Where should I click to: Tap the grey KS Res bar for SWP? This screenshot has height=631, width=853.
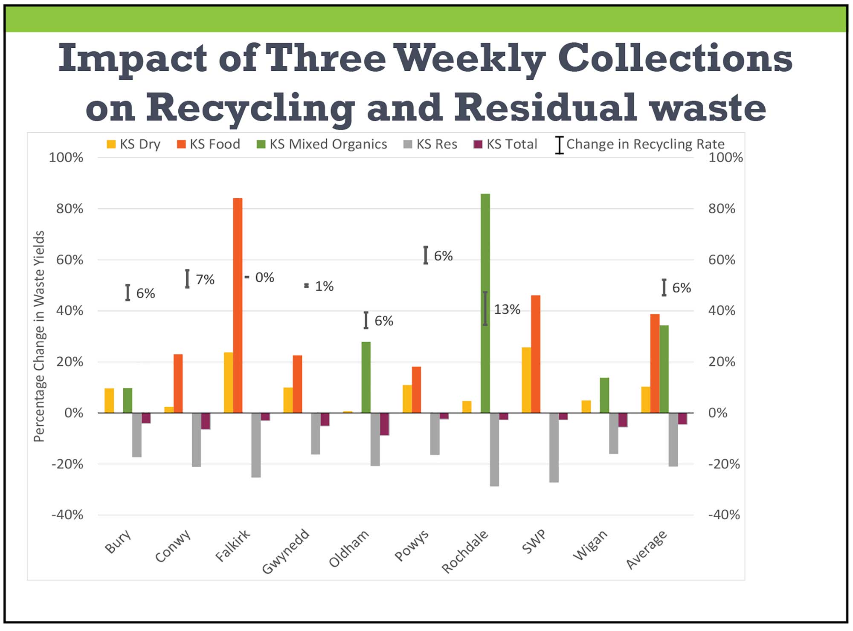coord(554,447)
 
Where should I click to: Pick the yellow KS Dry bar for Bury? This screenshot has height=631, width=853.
coord(109,400)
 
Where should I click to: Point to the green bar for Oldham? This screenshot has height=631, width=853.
coord(366,377)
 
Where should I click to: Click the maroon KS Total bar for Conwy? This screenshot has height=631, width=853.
coord(206,421)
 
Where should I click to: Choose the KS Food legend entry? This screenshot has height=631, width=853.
coord(209,144)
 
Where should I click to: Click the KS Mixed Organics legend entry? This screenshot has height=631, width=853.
coord(322,144)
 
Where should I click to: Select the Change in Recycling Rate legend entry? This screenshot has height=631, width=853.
coord(640,144)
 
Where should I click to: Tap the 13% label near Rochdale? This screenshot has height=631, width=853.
coord(507,309)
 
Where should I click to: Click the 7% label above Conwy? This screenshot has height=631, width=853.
coord(205,279)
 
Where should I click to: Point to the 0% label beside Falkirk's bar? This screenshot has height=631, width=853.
coord(264,278)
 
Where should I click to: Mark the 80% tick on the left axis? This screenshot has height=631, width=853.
coord(70,208)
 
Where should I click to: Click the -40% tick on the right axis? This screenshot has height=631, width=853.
coord(724,515)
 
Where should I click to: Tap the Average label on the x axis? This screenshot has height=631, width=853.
coord(646,550)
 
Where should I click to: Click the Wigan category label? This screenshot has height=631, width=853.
coord(590,545)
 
